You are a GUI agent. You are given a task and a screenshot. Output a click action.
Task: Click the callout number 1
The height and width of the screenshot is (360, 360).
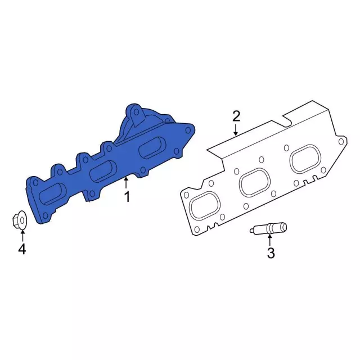pos(127,197)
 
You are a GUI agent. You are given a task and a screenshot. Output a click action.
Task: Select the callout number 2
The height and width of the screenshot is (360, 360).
pos(236,116)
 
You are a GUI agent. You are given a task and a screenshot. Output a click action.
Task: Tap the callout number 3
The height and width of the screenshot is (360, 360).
pos(271,253)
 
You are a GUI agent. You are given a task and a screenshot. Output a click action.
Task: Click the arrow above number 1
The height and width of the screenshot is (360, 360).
pos(125,183)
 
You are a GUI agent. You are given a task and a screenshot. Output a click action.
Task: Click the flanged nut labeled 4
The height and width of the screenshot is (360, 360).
pos(19,220)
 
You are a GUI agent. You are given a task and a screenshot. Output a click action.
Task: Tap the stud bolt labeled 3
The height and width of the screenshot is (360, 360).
pos(268,228)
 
